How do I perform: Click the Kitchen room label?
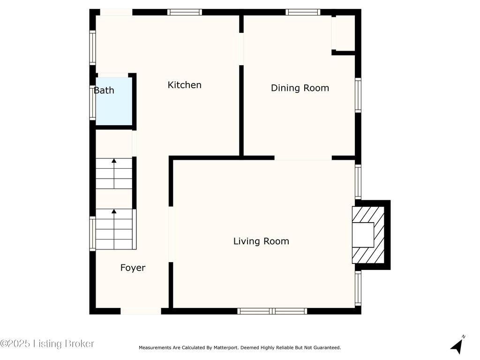pos(184,85)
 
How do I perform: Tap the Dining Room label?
pos(300,88)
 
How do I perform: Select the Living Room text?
pos(261,241)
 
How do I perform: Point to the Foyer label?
pos(133,268)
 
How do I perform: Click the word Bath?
pos(104,90)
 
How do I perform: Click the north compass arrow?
pos(457,345)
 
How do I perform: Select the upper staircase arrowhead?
pos(114,161)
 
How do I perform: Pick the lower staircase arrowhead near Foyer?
pos(114,211)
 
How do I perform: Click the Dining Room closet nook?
pos(343,33)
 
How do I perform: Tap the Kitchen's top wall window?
pos(185,12)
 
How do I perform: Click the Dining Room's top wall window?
pos(303,12)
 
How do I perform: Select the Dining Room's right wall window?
pos(358,95)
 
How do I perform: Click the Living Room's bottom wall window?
pos(272,311)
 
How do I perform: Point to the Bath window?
pos(92,103)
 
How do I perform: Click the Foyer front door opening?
pos(141,311)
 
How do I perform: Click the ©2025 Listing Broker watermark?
pos(47,344)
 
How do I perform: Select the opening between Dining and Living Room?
pos(303,158)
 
